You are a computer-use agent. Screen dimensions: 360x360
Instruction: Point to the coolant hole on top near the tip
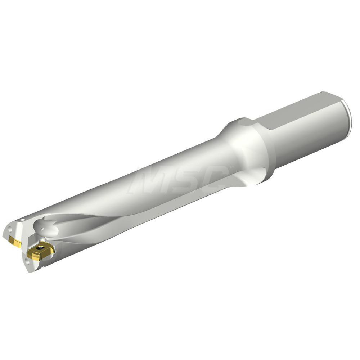23,219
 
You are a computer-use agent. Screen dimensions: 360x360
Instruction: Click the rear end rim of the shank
348,119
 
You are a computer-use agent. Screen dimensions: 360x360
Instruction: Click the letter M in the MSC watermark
146,180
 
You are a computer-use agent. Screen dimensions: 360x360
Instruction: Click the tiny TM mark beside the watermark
231,167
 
